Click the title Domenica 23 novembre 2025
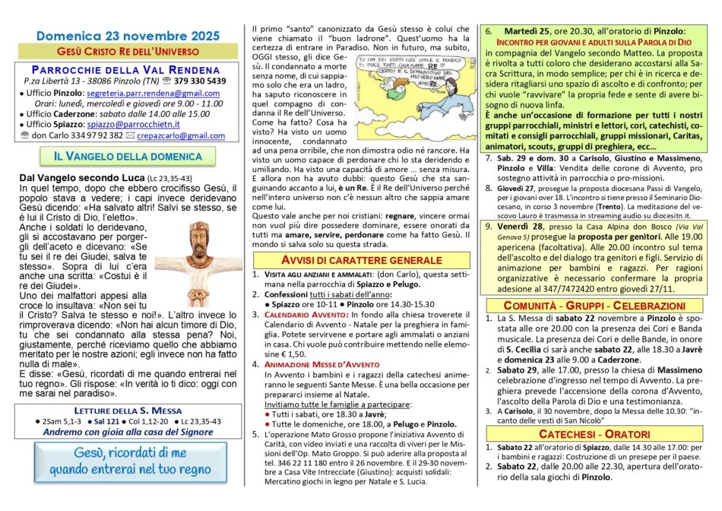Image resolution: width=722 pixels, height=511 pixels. (x=128, y=36)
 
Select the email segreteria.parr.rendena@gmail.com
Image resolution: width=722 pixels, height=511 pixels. (x=155, y=92)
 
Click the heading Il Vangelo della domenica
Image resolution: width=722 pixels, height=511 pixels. (x=128, y=156)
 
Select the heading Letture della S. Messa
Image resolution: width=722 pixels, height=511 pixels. (x=128, y=409)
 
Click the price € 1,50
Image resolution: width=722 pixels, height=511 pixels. (x=280, y=354)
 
